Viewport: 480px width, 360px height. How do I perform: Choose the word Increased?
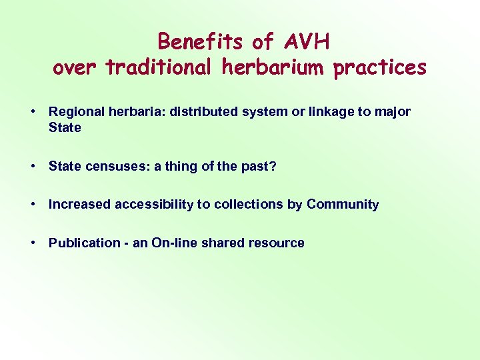pos(79,205)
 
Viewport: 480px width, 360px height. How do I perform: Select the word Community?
pos(343,205)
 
